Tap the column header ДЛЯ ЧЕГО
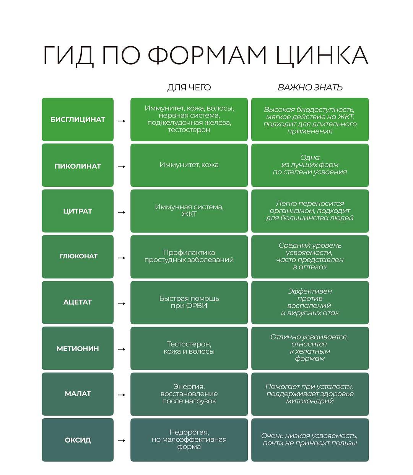pyautogui.click(x=189, y=88)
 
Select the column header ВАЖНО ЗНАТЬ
pyautogui.click(x=310, y=88)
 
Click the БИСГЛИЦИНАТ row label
pyautogui.click(x=78, y=120)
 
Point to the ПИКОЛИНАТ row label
pyautogui.click(x=78, y=166)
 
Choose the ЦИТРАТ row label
pyautogui.click(x=78, y=211)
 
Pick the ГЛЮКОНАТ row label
pyautogui.click(x=78, y=256)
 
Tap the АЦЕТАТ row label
pyautogui.click(x=78, y=302)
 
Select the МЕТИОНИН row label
pyautogui.click(x=78, y=349)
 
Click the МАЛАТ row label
pyautogui.click(x=78, y=394)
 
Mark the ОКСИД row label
pyautogui.click(x=78, y=440)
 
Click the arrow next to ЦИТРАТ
pyautogui.click(x=122, y=212)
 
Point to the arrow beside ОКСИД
pyautogui.click(x=122, y=441)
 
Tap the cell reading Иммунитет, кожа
pyautogui.click(x=189, y=165)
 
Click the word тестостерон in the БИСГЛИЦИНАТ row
pyautogui.click(x=189, y=130)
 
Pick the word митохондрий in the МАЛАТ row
pyautogui.click(x=310, y=401)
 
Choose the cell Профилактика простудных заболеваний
pyautogui.click(x=189, y=256)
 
